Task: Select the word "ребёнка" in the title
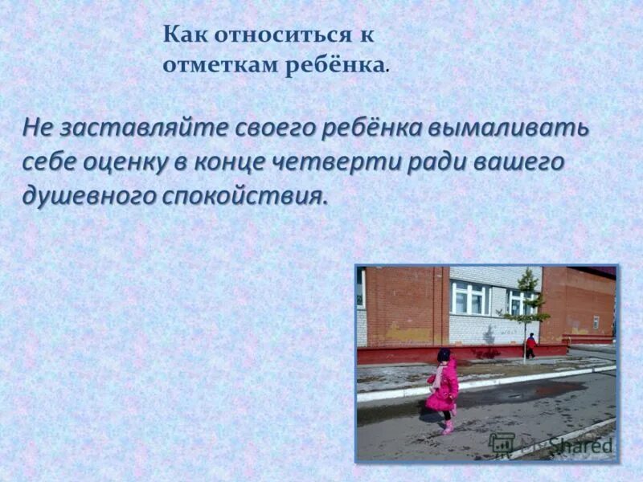pos(332,66)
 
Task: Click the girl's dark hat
pos(444,354)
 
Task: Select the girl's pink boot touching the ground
pos(448,429)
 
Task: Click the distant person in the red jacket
pos(530,345)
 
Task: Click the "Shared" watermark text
pos(580,445)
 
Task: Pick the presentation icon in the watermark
pos(503,443)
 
